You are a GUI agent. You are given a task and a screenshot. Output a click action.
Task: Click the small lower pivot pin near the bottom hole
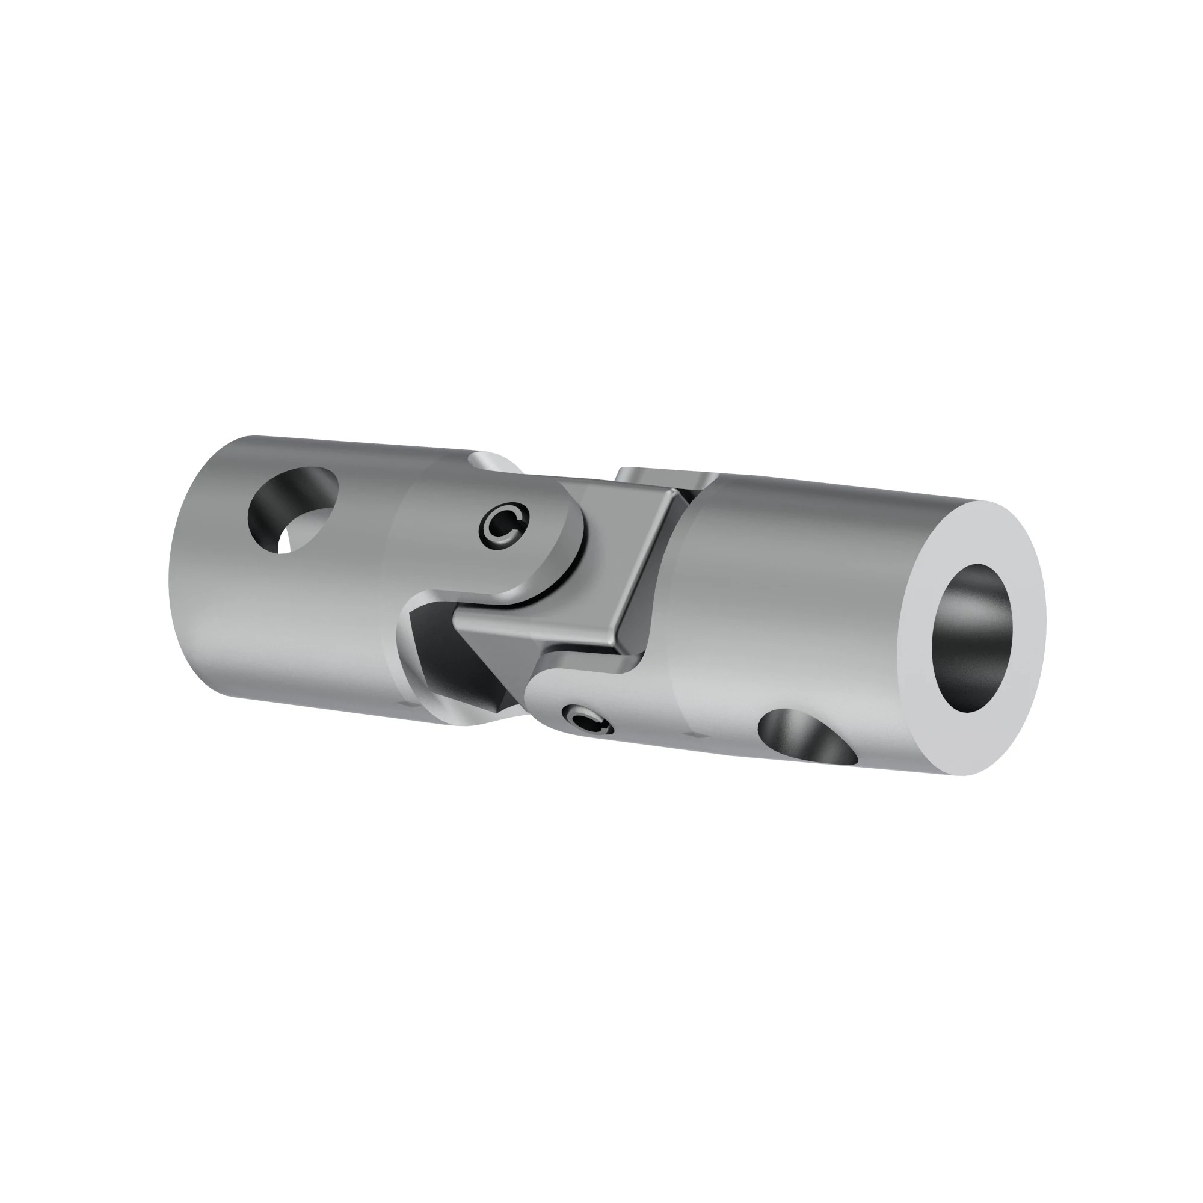587,724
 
